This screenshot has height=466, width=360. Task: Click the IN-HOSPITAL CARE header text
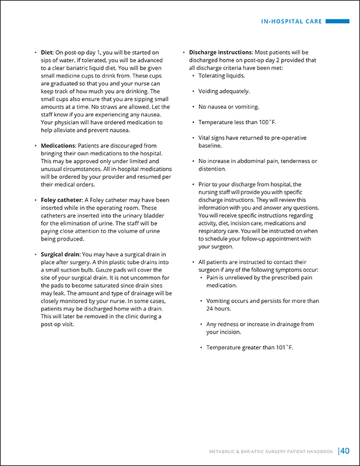(x=292, y=22)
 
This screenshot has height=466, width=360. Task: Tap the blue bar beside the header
(x=338, y=22)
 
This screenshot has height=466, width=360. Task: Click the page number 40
(x=345, y=451)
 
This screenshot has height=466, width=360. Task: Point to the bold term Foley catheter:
(x=63, y=200)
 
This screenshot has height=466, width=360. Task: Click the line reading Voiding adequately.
(x=224, y=91)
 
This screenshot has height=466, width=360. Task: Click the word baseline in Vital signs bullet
(x=210, y=145)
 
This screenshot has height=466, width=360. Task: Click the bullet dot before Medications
(x=35, y=146)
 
